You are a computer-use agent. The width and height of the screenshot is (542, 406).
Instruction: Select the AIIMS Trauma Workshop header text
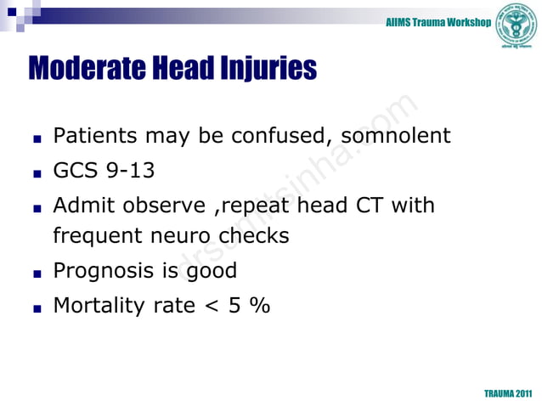coord(438,20)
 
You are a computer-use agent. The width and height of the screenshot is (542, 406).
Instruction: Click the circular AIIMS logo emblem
coord(517,24)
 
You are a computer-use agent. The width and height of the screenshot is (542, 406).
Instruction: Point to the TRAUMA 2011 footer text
coord(508,395)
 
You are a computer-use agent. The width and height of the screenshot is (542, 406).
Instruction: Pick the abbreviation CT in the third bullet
coord(370,206)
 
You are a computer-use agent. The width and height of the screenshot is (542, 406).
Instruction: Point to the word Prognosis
coord(104,271)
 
